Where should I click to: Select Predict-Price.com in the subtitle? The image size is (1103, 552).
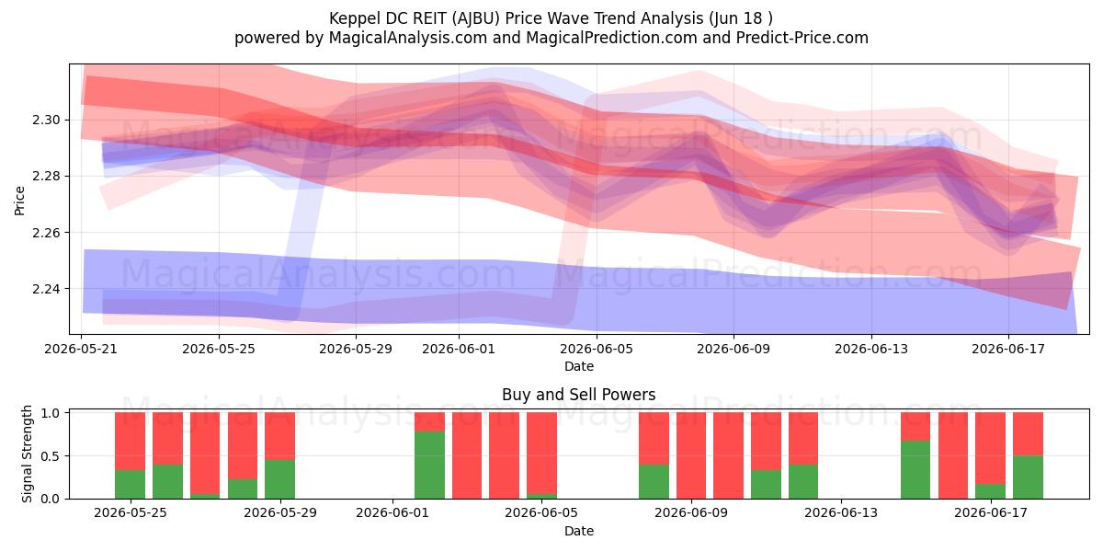(x=802, y=38)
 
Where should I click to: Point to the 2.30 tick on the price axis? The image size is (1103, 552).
(x=46, y=121)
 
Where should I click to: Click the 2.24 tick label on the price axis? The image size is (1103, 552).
(x=46, y=289)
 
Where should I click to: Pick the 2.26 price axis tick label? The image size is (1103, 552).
(x=46, y=233)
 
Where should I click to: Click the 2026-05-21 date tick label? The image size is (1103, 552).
(x=81, y=349)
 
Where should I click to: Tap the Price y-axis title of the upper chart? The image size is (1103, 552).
(x=19, y=201)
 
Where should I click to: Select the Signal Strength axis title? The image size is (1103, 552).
(x=27, y=454)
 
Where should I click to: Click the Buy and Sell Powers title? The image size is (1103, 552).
(x=578, y=395)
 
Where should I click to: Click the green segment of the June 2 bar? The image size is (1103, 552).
(x=429, y=465)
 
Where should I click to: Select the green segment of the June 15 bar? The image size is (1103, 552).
(x=915, y=470)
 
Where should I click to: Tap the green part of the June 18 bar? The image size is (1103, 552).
(x=1029, y=477)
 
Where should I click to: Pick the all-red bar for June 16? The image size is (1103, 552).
(x=953, y=455)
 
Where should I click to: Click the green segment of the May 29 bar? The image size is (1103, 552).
(x=279, y=479)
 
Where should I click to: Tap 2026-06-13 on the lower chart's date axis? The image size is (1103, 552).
(x=841, y=513)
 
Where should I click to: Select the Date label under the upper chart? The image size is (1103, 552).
(x=578, y=367)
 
